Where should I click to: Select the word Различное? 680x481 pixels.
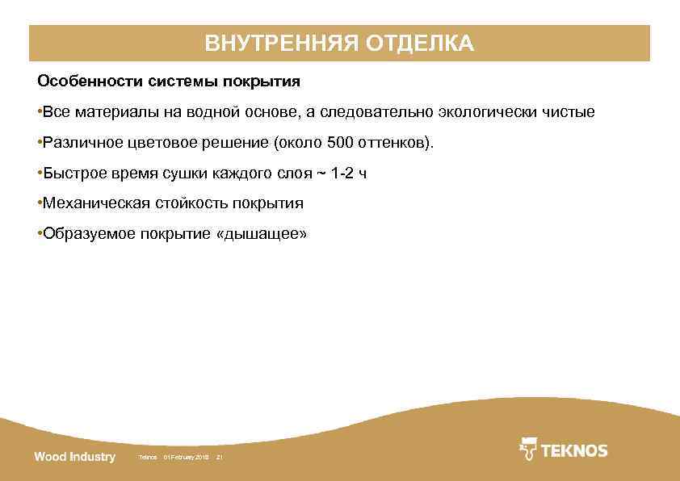pyautogui.click(x=80, y=144)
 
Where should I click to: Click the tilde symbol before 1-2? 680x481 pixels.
pyautogui.click(x=321, y=174)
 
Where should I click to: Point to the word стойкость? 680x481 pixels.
pyautogui.click(x=191, y=203)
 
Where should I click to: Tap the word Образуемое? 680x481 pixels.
pyautogui.click(x=89, y=234)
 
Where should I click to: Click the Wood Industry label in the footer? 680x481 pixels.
pyautogui.click(x=74, y=457)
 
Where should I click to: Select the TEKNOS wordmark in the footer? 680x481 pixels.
pyautogui.click(x=574, y=450)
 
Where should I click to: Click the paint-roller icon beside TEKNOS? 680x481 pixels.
pyautogui.click(x=528, y=450)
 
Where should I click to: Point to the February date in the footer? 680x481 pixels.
pyautogui.click(x=186, y=458)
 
